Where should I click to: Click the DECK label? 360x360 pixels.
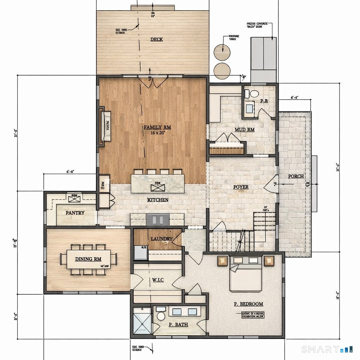156,39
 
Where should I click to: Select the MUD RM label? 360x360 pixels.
244,130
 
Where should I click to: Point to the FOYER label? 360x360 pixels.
241,187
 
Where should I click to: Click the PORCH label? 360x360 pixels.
296,176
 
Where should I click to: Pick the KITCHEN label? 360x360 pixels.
157,200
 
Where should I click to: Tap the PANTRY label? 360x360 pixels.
75,213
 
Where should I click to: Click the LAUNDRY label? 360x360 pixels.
161,239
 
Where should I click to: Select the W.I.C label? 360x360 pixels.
158,280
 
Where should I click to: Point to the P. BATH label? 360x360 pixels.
178,324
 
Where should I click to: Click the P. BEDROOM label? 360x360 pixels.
248,304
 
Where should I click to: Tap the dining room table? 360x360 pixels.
89,259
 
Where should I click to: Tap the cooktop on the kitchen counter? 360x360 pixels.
157,219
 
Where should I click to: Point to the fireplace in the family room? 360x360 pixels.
105,126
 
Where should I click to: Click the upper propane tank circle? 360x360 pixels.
222,52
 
